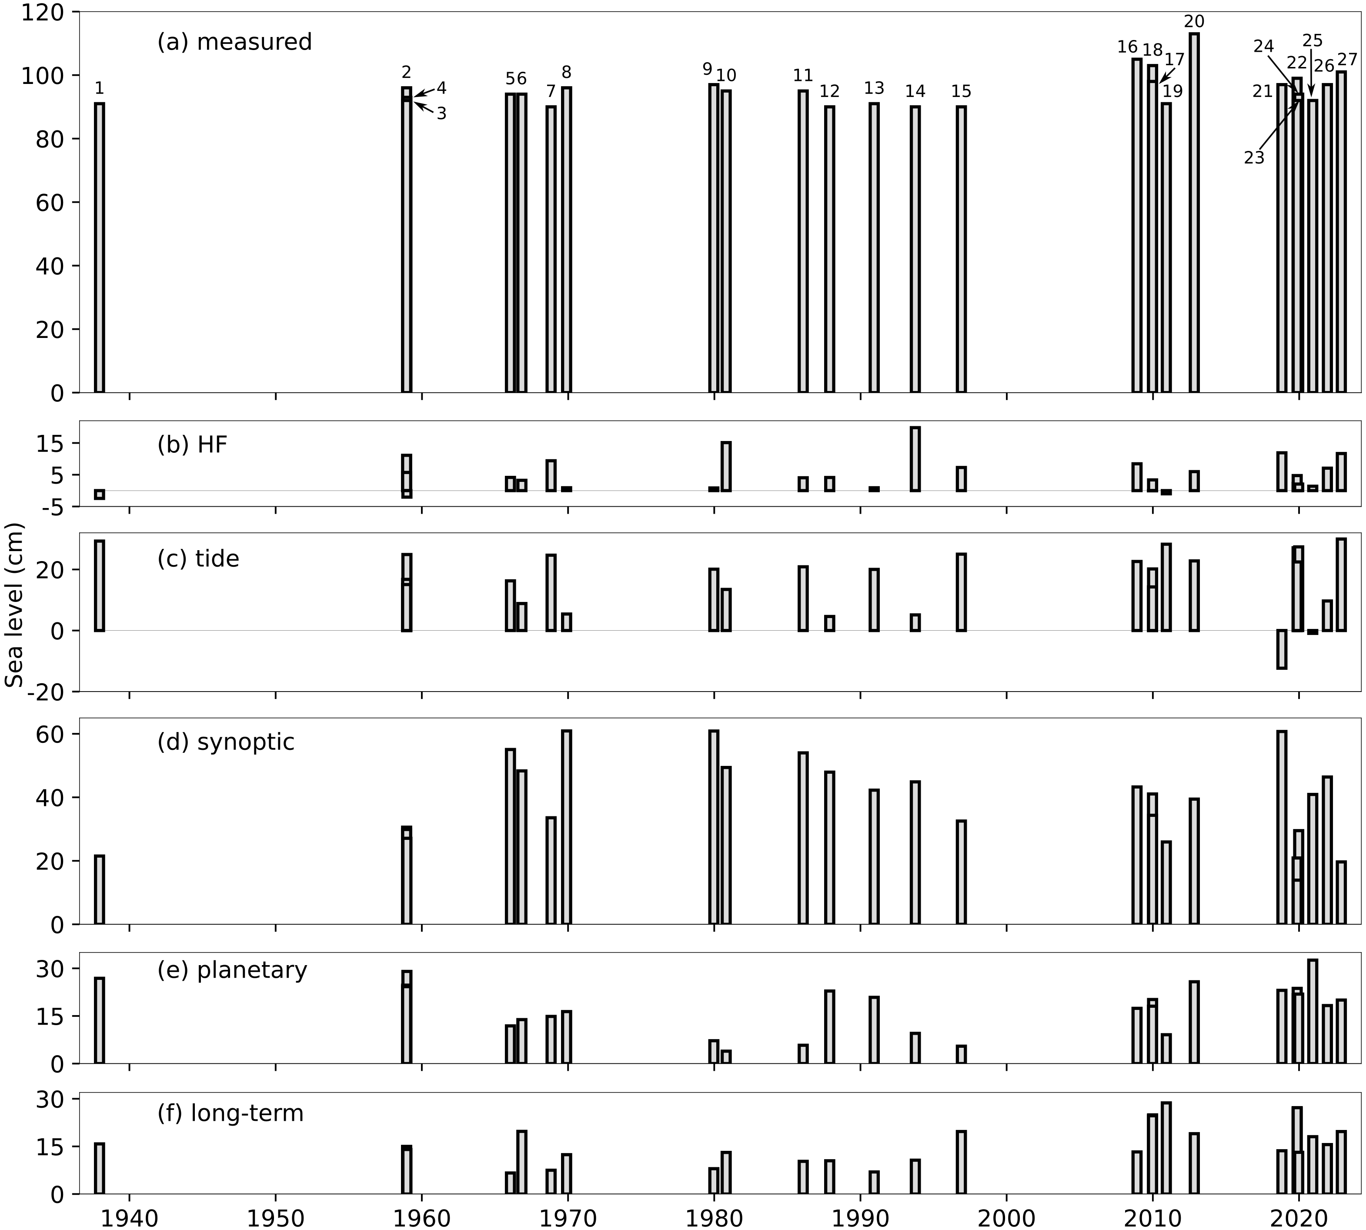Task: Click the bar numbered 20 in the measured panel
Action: pos(1194,213)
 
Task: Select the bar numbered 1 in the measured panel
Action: pos(99,247)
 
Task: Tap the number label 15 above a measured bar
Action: pos(961,91)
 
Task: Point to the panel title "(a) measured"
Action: pos(234,42)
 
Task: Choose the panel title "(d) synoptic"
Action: pos(226,742)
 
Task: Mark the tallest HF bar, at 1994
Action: pos(915,459)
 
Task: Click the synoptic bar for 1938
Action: pos(99,890)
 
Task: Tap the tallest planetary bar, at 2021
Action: pos(1313,1012)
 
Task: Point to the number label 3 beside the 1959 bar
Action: pos(441,114)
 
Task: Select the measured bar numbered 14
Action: pos(915,249)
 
